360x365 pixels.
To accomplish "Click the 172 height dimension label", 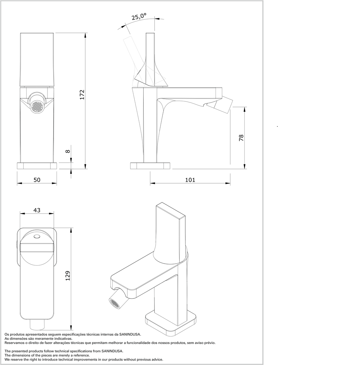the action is click(82, 95).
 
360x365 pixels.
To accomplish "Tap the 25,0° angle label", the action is click(139, 16).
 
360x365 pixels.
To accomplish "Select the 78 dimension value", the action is click(241, 138).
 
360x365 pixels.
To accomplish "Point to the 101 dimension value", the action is click(190, 180).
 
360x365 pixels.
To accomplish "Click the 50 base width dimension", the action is click(37, 180).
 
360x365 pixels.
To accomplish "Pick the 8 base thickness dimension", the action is click(67, 151).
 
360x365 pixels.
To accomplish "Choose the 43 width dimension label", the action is click(37, 210).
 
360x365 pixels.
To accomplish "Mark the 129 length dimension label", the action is click(67, 276).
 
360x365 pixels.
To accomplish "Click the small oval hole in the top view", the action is click(37, 237).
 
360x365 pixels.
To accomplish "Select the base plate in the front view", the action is click(37, 166).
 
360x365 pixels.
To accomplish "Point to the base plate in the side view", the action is click(150, 166).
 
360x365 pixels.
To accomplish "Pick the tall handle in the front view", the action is click(37, 59).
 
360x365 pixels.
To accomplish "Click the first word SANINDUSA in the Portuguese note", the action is click(130, 334).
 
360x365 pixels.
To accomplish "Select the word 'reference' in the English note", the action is click(81, 355).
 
